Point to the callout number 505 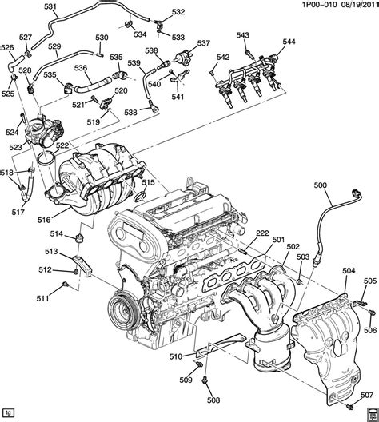[x=369, y=281]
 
